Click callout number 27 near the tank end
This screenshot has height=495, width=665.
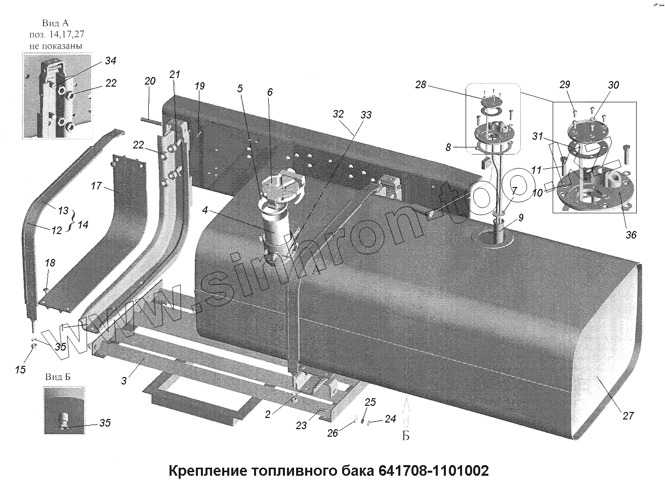[628, 416]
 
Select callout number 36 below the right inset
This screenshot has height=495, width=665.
[631, 235]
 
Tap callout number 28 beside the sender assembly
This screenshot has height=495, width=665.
[421, 85]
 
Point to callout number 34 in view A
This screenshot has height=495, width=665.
[110, 61]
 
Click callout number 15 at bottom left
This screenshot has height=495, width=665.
[20, 370]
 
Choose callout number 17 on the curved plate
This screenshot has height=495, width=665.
[96, 186]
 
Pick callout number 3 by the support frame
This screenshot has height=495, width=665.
[124, 380]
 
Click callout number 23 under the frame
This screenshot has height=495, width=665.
[301, 426]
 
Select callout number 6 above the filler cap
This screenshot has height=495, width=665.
[270, 92]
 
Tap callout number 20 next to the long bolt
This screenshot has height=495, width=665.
[150, 81]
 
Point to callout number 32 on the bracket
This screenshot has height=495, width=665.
[339, 113]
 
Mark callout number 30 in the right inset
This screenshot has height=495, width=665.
[613, 85]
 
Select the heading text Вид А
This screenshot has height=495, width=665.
[56, 23]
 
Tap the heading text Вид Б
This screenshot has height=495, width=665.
[57, 377]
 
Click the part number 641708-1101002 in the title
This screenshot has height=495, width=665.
[433, 471]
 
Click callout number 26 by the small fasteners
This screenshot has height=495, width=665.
[332, 433]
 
